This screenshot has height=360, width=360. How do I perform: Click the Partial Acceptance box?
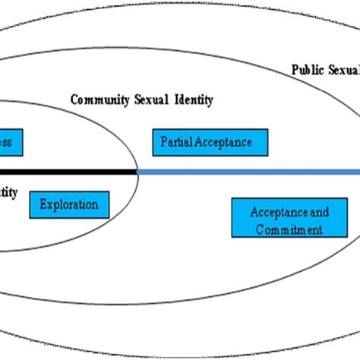coord(201,142)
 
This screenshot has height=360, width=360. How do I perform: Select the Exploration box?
coord(68,204)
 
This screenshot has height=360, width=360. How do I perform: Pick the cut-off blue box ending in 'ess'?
coord(11,142)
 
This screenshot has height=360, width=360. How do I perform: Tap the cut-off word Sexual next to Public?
coord(345,70)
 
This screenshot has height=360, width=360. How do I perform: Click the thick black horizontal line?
coord(68,172)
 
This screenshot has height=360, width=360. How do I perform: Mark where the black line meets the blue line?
coord(137,172)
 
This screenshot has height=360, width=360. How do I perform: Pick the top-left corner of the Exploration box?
coord(30,192)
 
